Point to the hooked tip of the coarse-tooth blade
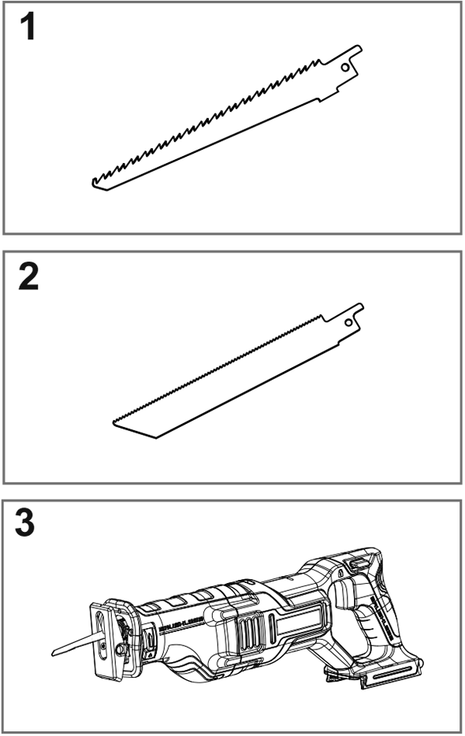(95, 183)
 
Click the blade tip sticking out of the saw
(59, 651)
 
